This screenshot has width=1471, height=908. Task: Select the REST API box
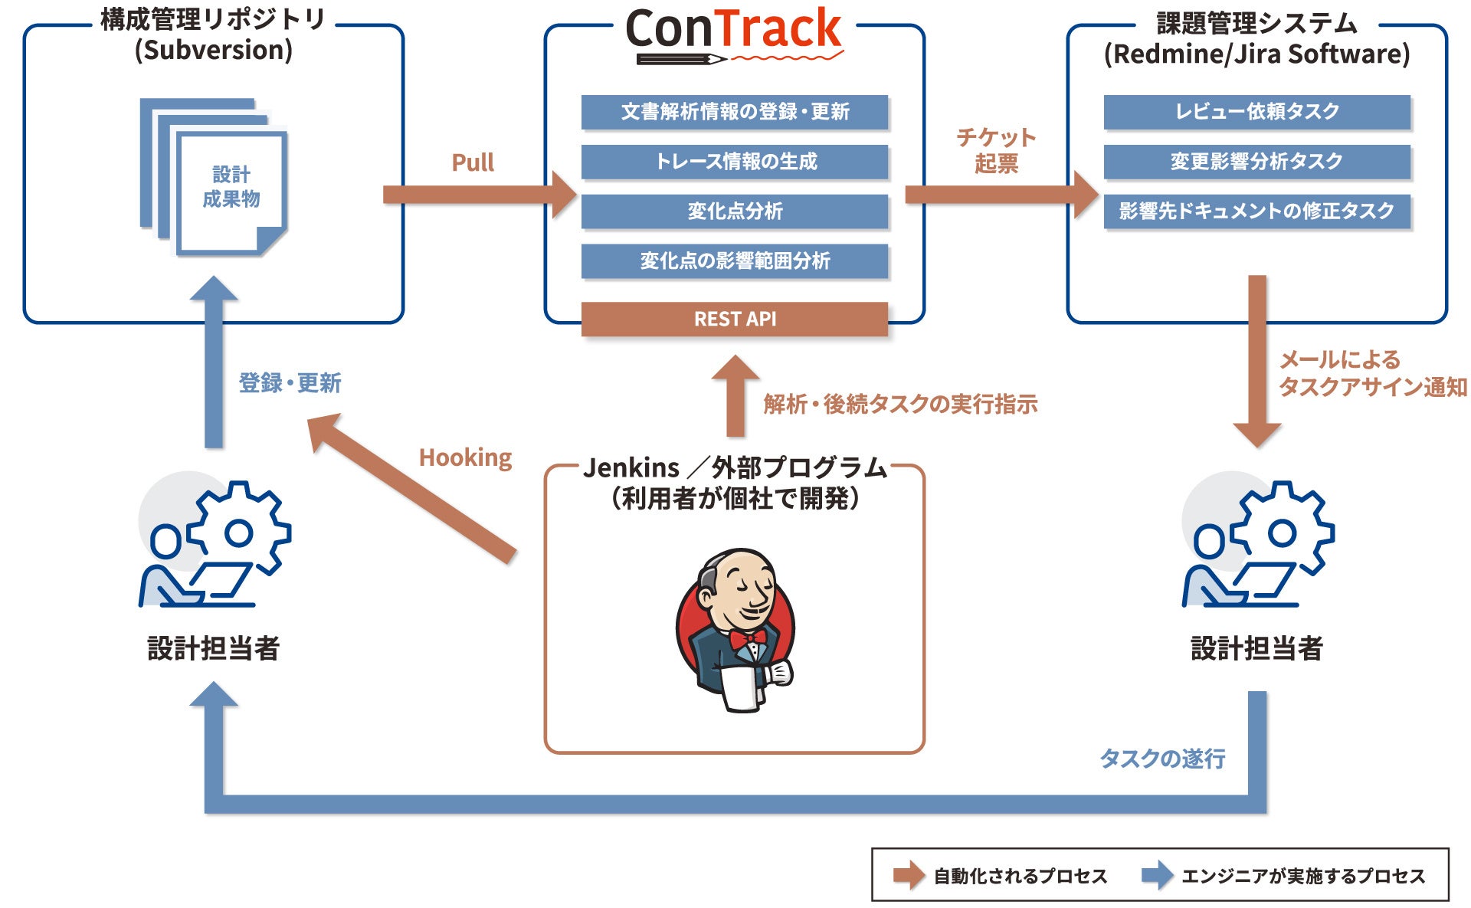coord(734,319)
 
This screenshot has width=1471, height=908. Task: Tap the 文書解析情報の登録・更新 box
coord(734,112)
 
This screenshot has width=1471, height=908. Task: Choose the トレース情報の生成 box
coord(734,162)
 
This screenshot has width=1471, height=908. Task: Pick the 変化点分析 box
coord(734,211)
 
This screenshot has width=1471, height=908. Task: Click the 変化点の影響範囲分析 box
coord(734,261)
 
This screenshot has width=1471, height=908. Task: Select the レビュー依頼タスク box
coord(1256,112)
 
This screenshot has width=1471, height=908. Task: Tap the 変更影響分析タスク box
coord(1256,162)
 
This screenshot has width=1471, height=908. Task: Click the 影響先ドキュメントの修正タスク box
coord(1256,211)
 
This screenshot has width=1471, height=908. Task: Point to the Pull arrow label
coord(473,162)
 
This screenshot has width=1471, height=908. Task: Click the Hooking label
coord(465,457)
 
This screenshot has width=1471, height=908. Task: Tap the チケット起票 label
coord(996,150)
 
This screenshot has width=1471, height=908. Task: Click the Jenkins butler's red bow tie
coord(747,638)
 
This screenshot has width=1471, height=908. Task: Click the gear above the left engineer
coord(239,531)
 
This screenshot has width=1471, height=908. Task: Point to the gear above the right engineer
coord(1283,531)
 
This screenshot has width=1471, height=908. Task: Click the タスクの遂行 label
coord(1162,759)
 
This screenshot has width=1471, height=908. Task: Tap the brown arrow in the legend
coord(909,875)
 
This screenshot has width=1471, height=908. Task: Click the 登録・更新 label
coord(290,382)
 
